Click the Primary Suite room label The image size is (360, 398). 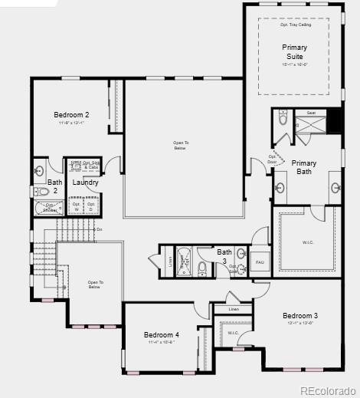click(x=294, y=52)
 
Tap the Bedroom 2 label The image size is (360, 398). click(x=71, y=115)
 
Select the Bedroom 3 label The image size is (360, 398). click(x=299, y=316)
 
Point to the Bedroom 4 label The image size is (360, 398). click(x=161, y=335)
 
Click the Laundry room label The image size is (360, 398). click(x=85, y=183)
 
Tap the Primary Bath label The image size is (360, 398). click(x=304, y=167)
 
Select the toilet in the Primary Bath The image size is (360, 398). click(x=282, y=119)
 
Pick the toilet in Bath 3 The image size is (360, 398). click(x=202, y=268)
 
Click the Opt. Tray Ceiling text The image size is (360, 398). click(x=295, y=25)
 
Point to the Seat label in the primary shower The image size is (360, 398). click(x=311, y=113)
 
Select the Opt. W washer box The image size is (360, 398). click(x=76, y=206)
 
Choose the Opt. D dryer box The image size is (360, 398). click(x=91, y=206)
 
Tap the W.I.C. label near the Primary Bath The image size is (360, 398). click(x=308, y=242)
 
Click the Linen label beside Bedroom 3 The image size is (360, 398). click(x=234, y=309)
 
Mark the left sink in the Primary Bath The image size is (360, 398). click(x=280, y=187)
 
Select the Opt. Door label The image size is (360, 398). click(x=273, y=160)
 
